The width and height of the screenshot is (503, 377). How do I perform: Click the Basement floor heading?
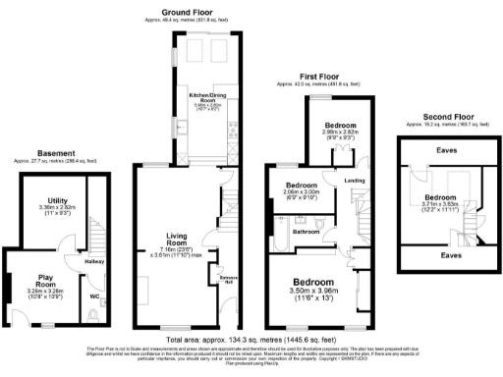[52, 152]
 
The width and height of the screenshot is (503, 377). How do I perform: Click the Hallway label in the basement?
[96, 261]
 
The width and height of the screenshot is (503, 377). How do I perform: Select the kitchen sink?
[183, 126]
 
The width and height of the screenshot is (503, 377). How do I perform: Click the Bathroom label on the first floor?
[302, 232]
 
